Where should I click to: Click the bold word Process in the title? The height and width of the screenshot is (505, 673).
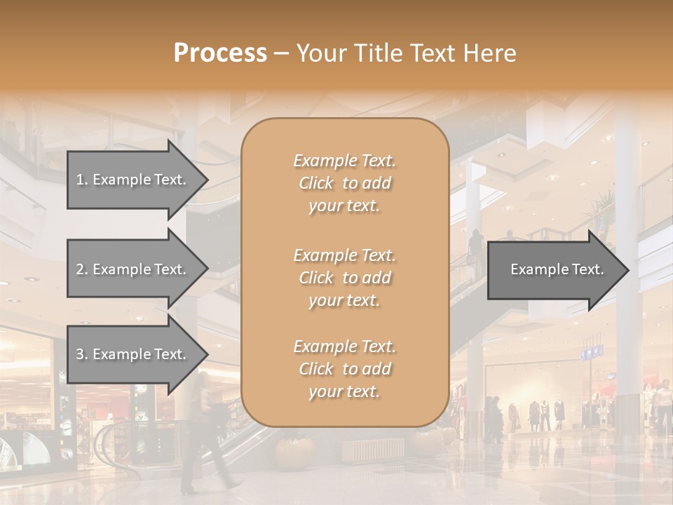(220, 53)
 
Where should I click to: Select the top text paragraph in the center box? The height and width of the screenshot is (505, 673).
(344, 183)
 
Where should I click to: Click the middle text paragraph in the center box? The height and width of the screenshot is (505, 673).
(344, 278)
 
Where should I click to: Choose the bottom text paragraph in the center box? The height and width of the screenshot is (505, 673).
(344, 369)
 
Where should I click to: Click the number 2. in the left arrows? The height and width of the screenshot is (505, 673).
(82, 269)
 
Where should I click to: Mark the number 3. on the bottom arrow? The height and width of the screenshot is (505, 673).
(82, 354)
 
